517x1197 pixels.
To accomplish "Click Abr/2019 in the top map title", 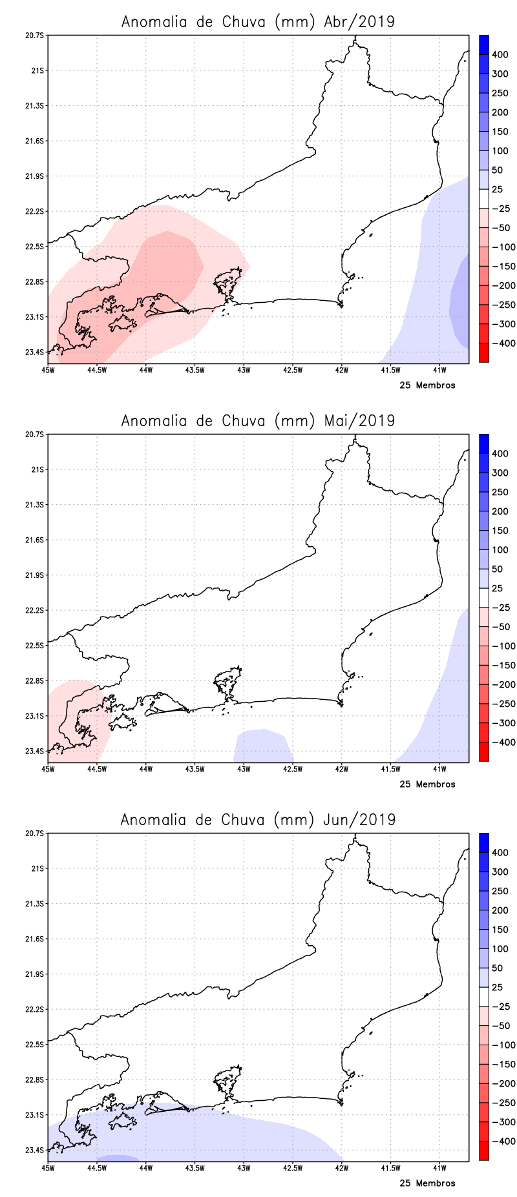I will click(x=359, y=21).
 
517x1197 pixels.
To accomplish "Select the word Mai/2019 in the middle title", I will click(x=359, y=420).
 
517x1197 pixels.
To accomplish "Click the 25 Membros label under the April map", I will click(x=427, y=385).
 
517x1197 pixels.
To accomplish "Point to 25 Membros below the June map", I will click(x=427, y=1183).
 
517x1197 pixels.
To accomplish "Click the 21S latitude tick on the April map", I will click(x=38, y=70).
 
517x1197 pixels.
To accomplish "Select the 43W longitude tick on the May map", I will click(x=244, y=769).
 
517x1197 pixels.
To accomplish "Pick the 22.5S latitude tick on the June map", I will click(x=36, y=1045).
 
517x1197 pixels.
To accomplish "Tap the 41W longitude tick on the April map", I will click(x=439, y=370).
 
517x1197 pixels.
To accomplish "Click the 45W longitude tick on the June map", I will click(x=48, y=1168).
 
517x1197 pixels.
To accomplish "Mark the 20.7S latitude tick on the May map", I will click(x=36, y=435).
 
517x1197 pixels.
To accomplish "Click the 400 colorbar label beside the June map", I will click(x=500, y=853).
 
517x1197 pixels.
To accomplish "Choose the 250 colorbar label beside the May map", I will click(x=500, y=492).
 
